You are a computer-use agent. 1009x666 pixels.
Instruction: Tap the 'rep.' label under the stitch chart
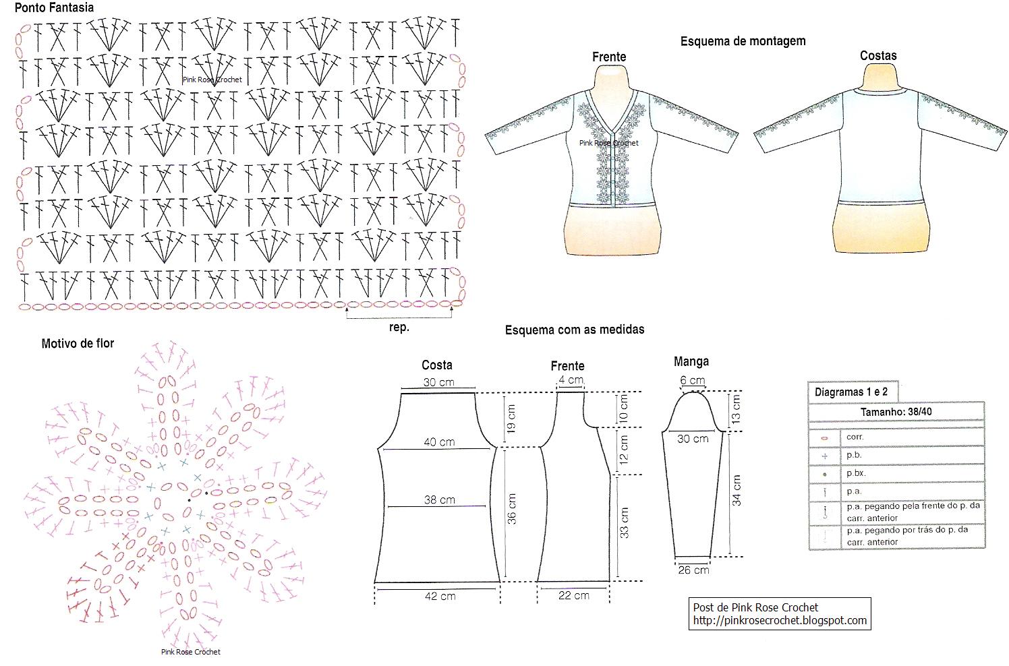pos(399,328)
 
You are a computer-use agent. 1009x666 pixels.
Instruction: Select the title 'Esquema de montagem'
pos(743,41)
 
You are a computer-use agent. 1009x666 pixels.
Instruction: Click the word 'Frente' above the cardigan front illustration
pos(609,57)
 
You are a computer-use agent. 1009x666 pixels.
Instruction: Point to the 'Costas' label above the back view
pos(878,56)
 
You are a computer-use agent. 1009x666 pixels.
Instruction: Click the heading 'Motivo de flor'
pos(78,344)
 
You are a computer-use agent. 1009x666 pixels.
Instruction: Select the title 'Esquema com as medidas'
pos(575,330)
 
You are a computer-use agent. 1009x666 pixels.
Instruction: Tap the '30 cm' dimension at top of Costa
pos(438,382)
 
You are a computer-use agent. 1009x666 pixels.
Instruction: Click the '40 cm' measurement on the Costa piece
pos(439,442)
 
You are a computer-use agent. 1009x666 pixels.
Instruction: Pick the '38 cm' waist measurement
pos(439,500)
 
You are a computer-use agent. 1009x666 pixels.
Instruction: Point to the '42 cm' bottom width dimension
pos(440,597)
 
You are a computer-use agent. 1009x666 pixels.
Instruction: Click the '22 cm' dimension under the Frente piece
pos(573,596)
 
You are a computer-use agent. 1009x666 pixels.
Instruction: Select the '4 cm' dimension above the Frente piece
pos(571,380)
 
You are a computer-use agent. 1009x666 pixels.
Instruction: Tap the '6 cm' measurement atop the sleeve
pos(692,380)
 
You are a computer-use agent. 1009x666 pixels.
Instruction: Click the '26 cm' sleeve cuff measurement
pos(693,570)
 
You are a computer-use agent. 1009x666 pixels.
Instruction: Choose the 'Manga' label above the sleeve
pos(691,362)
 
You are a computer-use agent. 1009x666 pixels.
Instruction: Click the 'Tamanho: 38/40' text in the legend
pos(896,412)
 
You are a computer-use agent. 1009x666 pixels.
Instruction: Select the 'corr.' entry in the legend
pos(855,437)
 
